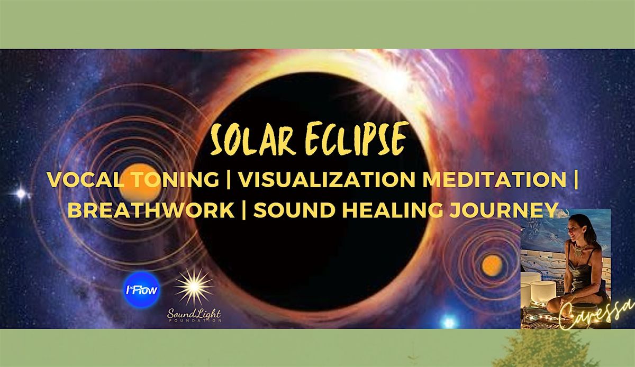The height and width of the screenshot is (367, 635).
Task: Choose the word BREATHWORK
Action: tap(151, 210)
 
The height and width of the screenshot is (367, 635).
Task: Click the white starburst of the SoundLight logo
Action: tap(194, 286)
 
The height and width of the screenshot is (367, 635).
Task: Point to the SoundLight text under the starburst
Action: tap(194, 315)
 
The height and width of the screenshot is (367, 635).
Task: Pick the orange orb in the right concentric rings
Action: tap(492, 263)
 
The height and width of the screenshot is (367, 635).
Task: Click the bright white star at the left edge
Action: tap(21, 194)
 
